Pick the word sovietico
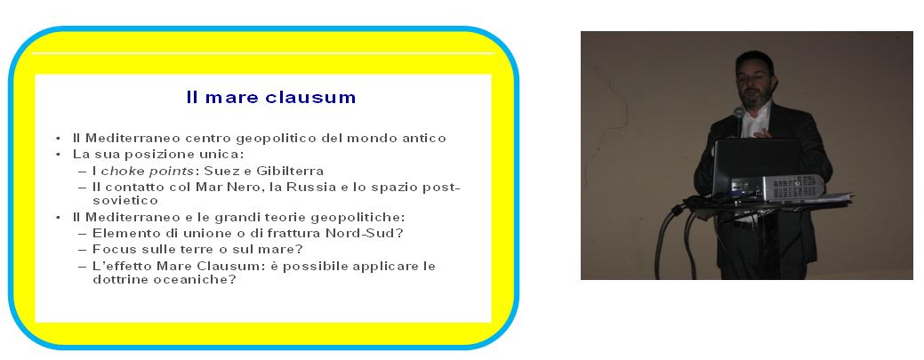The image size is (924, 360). pos(125,201)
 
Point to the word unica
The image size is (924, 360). pos(224,155)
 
